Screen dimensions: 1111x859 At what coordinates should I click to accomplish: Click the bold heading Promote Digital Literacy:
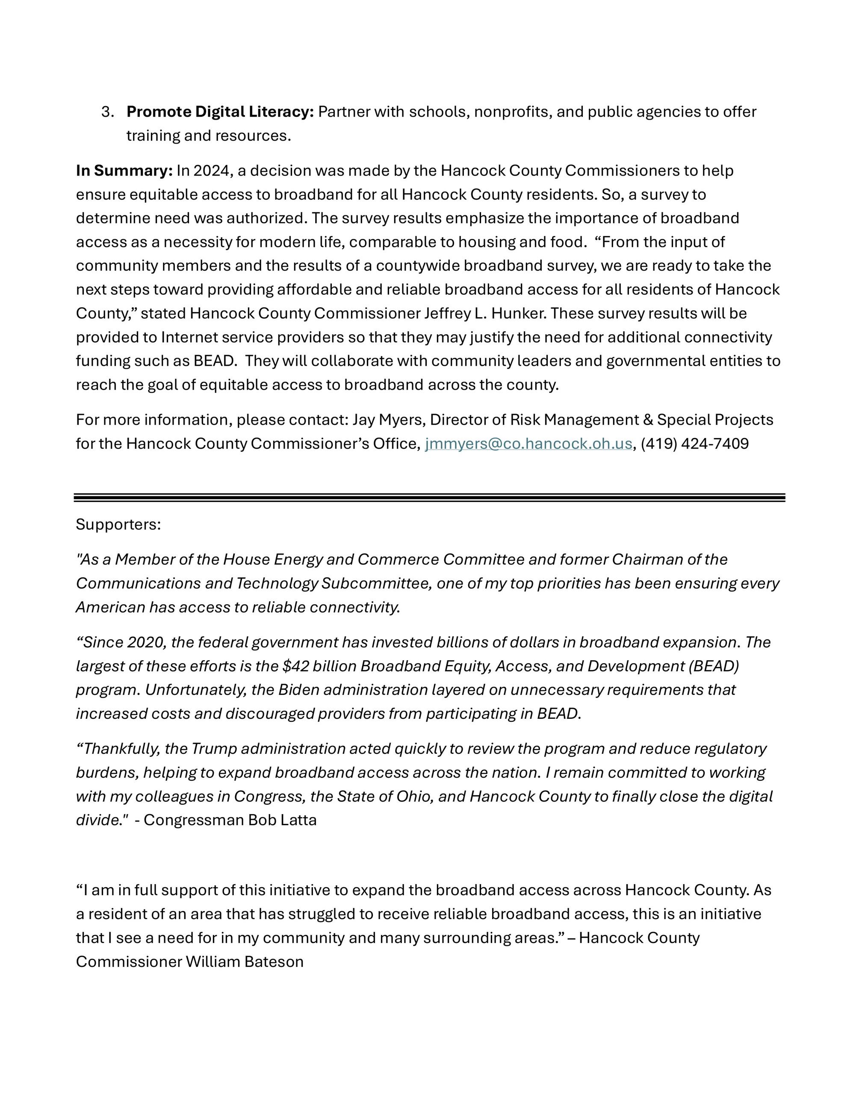click(220, 112)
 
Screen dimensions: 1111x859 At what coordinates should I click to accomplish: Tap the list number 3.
click(107, 112)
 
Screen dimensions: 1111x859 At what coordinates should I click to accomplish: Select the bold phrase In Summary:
click(124, 170)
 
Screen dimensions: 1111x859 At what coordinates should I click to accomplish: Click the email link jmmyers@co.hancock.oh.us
click(528, 444)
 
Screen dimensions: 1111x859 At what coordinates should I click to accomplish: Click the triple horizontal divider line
click(429, 497)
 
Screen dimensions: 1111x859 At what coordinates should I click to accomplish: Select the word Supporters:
click(118, 524)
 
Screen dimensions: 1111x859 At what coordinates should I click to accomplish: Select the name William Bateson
click(244, 961)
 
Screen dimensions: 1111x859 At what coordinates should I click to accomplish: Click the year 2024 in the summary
click(212, 170)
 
